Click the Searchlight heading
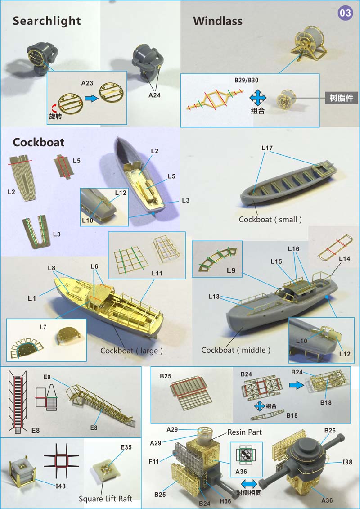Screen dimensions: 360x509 tap(47, 21)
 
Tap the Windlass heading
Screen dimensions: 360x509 tap(218, 21)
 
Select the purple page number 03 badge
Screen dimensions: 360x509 tap(346, 13)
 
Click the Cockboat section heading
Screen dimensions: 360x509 tap(39, 142)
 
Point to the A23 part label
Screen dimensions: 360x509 tap(87, 83)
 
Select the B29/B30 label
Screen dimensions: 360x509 tap(247, 80)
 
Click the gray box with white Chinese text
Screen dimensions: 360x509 tap(342, 98)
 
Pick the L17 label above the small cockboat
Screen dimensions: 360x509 tap(267, 148)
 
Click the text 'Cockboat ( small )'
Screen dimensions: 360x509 tap(270, 220)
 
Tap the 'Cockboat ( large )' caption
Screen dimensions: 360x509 tap(131, 351)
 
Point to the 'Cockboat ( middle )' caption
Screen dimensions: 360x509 tap(236, 350)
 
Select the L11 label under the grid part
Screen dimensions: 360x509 tap(157, 273)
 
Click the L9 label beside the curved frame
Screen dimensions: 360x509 tap(231, 270)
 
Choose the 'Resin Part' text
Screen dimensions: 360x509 tap(244, 432)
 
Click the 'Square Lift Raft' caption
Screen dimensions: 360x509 tap(105, 499)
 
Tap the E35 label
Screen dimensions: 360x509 tap(126, 447)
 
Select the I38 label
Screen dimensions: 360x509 tap(347, 462)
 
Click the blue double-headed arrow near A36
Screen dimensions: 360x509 tap(249, 484)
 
